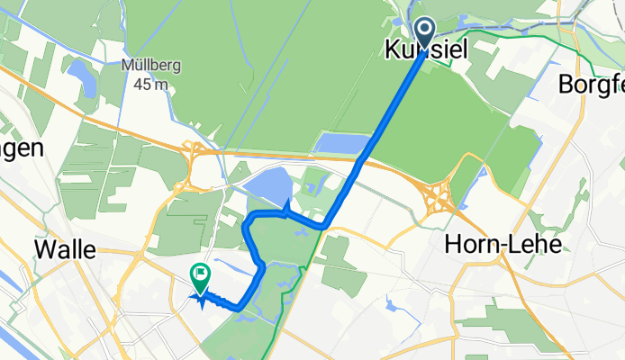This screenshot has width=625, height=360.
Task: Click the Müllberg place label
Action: click(x=148, y=67)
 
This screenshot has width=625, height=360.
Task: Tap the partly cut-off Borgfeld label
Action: click(x=591, y=86)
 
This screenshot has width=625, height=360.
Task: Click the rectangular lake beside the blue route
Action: click(x=342, y=142)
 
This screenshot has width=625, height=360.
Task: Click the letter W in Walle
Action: click(x=42, y=250)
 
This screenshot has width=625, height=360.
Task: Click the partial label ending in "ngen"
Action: click(x=22, y=149)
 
